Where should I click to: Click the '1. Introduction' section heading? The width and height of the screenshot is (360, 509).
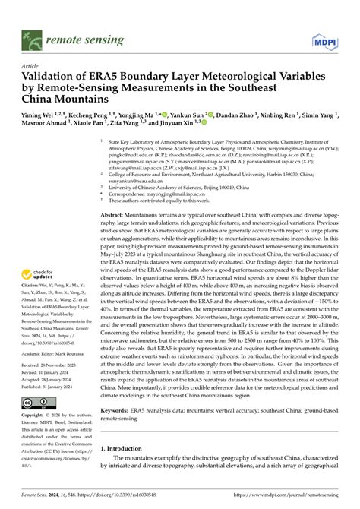click(x=130, y=469)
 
